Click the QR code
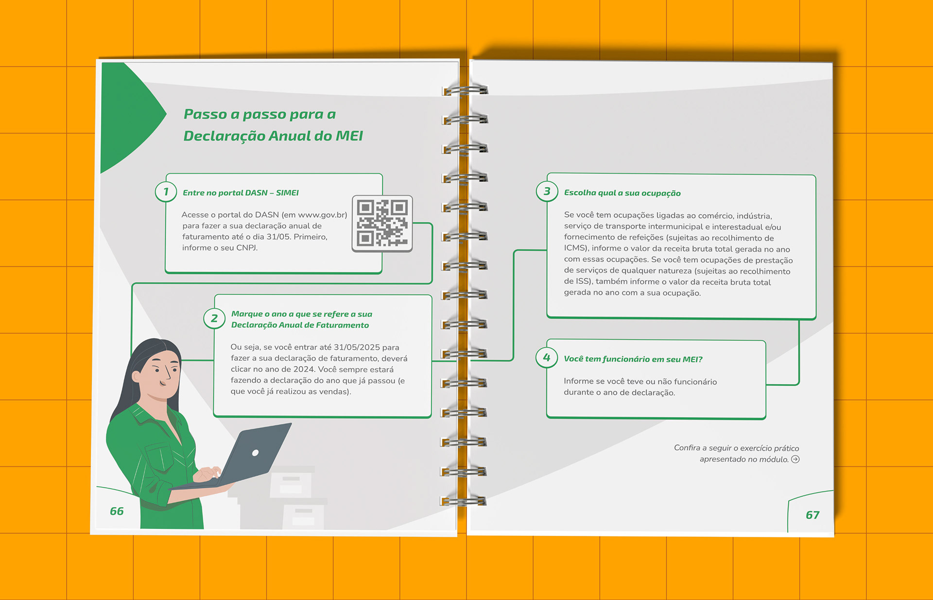(x=382, y=224)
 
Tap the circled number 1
(x=166, y=192)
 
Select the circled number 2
(x=214, y=318)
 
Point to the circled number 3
(x=547, y=191)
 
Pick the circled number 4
(x=547, y=358)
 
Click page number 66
(x=117, y=511)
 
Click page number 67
(x=812, y=515)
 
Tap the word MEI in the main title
(x=349, y=136)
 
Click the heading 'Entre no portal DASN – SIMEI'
(x=241, y=193)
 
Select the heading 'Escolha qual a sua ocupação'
(x=622, y=193)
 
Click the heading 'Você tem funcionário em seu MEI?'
(x=633, y=359)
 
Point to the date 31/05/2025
(x=357, y=347)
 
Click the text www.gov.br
(x=322, y=215)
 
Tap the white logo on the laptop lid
(x=255, y=453)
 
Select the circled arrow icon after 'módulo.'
(x=795, y=459)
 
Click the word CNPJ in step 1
(x=247, y=248)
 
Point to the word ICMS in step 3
(x=576, y=248)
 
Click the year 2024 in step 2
(x=303, y=369)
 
